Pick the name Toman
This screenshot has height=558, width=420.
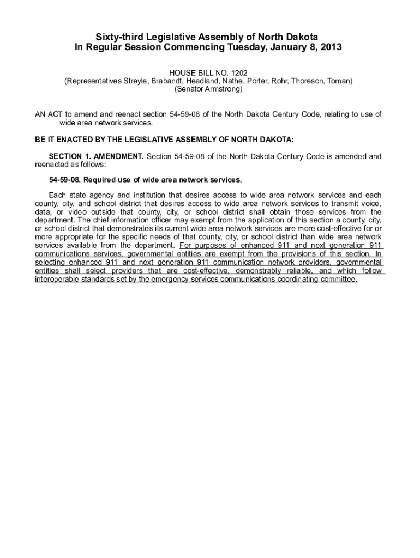[340, 81]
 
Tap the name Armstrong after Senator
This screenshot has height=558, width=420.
[223, 89]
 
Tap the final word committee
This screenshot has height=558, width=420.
[338, 279]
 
